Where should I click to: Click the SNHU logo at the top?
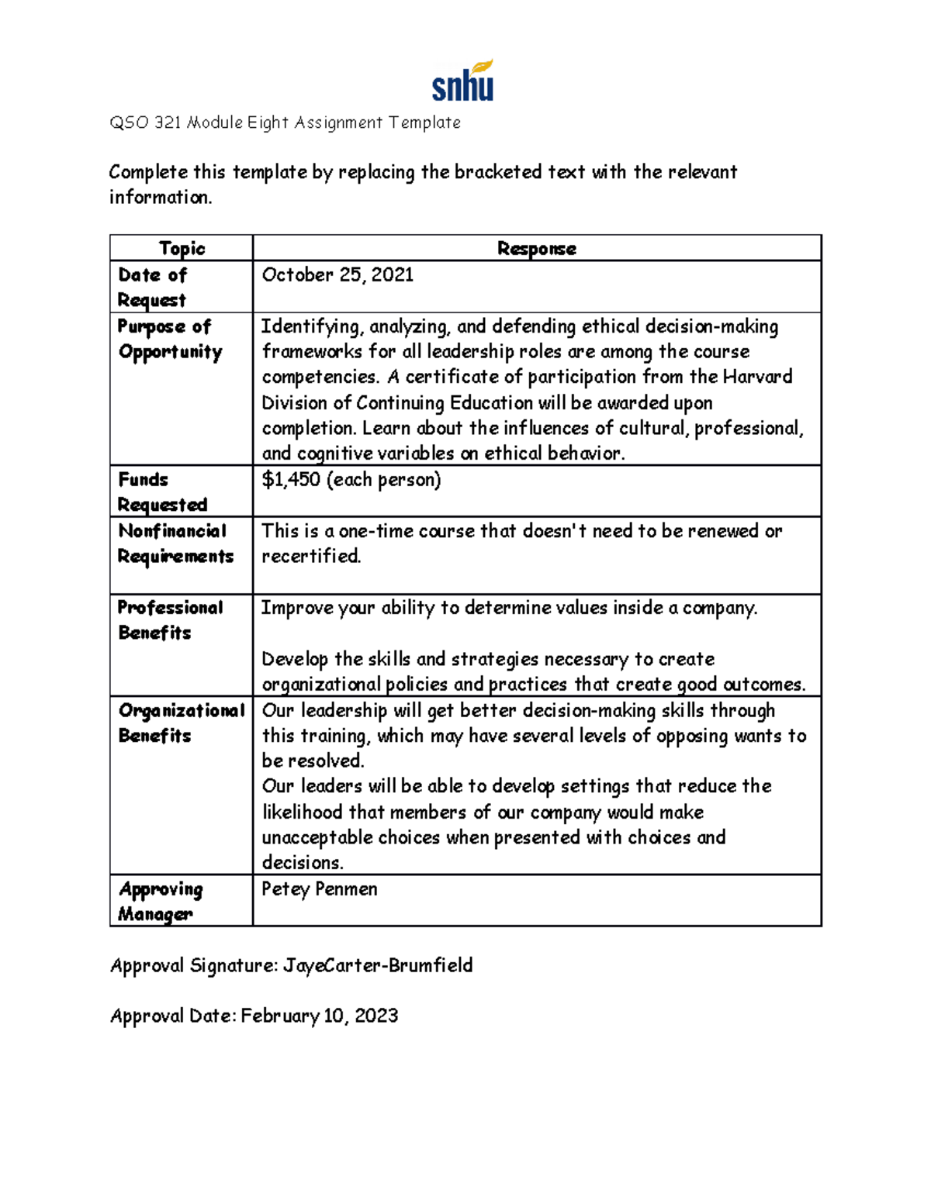click(x=462, y=81)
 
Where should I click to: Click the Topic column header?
click(x=182, y=248)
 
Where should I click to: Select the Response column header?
click(x=536, y=248)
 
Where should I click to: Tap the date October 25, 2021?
click(x=337, y=275)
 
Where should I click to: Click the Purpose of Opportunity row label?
click(x=170, y=339)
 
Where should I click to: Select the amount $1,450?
click(x=291, y=480)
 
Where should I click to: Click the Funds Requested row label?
click(x=162, y=492)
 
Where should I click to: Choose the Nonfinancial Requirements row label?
click(x=175, y=543)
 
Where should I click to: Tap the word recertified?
click(x=310, y=556)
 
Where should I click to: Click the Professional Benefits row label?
click(x=170, y=620)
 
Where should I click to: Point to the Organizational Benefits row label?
click(x=181, y=723)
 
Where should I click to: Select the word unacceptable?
click(x=317, y=837)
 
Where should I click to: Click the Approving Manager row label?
click(x=161, y=901)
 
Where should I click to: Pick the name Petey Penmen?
click(x=320, y=889)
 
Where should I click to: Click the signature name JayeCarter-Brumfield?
click(x=378, y=965)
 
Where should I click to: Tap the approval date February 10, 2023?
click(x=320, y=1016)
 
